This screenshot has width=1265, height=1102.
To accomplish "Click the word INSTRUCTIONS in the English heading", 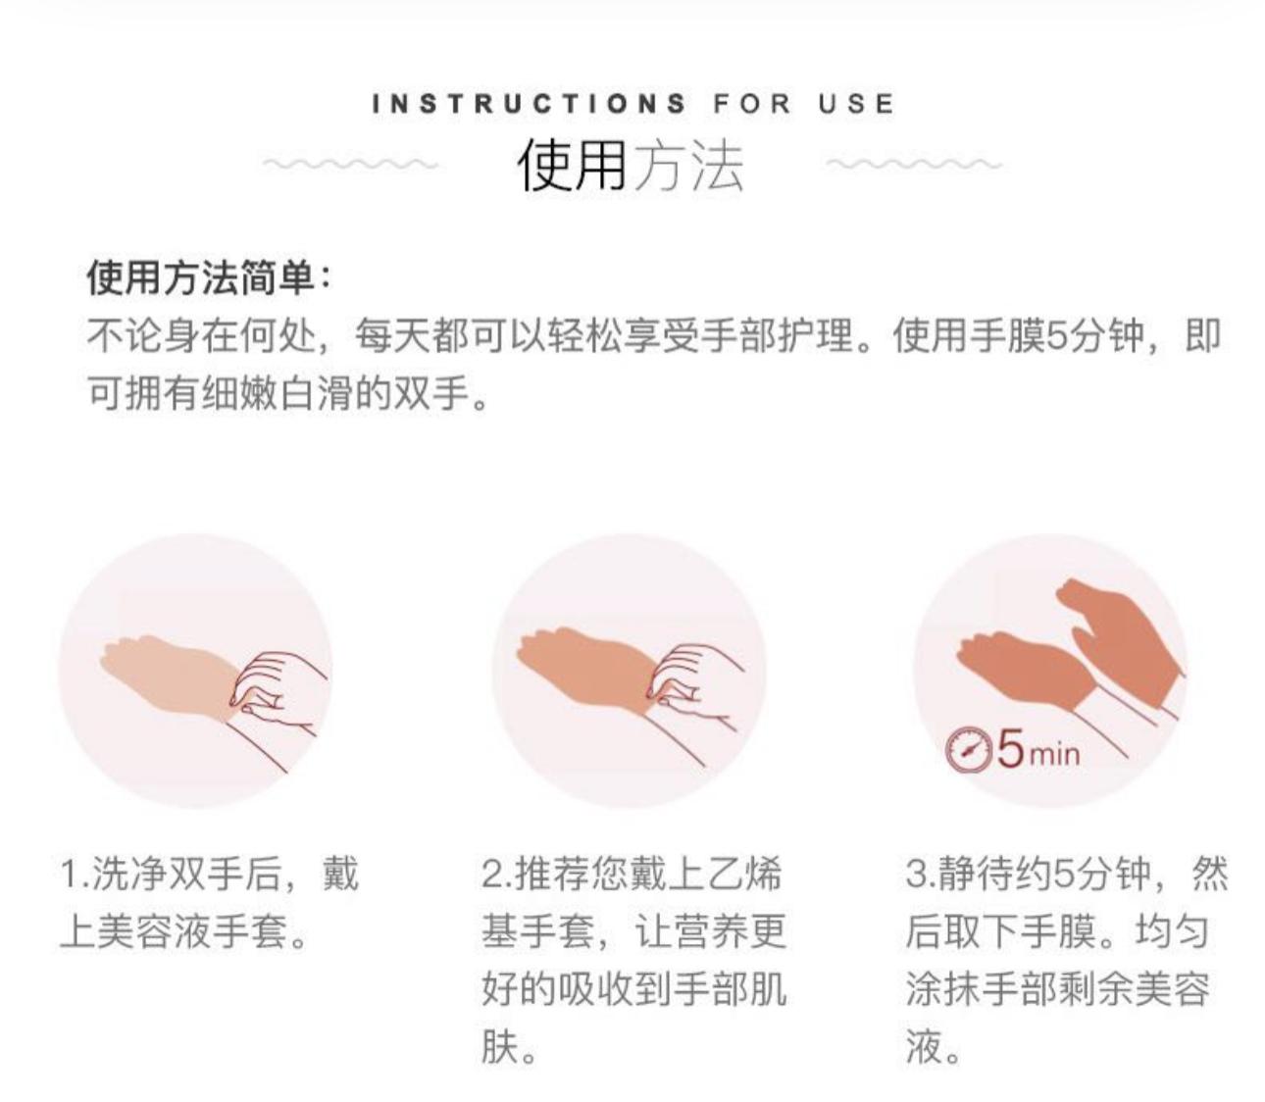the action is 529,103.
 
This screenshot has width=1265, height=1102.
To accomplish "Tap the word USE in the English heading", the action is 857,103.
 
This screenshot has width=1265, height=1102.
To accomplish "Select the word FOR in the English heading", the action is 752,103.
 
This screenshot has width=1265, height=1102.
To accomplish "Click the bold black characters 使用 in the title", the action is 572,165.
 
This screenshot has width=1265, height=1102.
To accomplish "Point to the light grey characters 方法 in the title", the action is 687,165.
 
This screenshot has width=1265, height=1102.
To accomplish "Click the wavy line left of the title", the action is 350,164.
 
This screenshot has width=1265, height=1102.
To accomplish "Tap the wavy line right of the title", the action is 914,164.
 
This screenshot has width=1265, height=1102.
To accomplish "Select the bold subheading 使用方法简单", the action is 200,278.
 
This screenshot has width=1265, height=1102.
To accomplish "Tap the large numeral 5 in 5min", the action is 1010,748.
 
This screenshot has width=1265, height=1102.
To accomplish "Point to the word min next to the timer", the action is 1055,755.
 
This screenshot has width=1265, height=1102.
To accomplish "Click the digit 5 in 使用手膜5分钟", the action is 1056,337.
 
